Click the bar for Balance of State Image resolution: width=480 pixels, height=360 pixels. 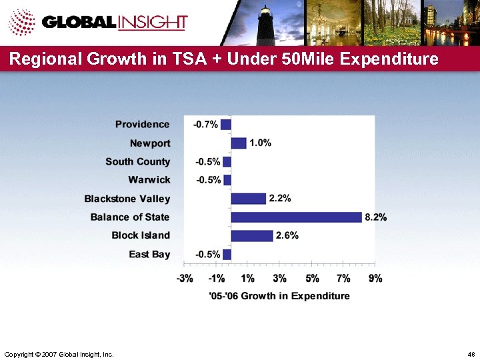296,217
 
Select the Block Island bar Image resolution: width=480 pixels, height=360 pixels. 252,235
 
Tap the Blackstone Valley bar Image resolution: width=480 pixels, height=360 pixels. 248,198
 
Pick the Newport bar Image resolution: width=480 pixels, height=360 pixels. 239,143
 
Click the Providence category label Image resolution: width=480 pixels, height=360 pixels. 142,124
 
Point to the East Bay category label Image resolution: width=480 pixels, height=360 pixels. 149,254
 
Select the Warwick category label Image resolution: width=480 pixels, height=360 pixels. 149,180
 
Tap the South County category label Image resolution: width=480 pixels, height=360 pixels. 137,161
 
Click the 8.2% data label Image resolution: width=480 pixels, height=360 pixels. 375,217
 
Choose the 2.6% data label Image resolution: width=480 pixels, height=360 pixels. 287,235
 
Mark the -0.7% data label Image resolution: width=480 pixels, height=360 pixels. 205,125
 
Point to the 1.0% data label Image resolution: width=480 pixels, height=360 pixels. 260,143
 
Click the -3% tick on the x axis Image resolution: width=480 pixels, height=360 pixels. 185,279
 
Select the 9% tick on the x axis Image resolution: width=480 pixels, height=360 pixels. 375,279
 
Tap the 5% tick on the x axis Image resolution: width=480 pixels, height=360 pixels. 311,279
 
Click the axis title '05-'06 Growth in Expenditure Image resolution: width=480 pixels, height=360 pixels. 279,296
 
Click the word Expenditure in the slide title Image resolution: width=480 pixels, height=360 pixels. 389,59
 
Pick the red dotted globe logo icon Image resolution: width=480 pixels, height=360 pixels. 21,22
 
